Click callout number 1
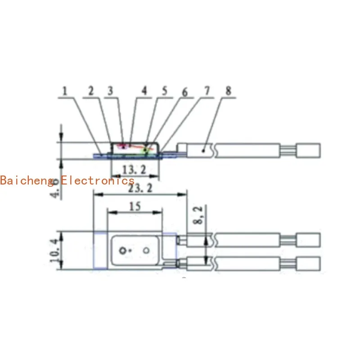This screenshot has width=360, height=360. [x=64, y=90]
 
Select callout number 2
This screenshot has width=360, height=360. [x=91, y=90]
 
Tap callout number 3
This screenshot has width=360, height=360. [x=110, y=90]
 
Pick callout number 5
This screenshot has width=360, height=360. [x=164, y=90]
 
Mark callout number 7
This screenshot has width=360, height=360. [x=207, y=90]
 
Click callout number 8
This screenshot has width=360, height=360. [x=228, y=90]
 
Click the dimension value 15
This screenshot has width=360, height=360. [x=134, y=207]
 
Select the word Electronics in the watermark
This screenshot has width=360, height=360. [x=98, y=180]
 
